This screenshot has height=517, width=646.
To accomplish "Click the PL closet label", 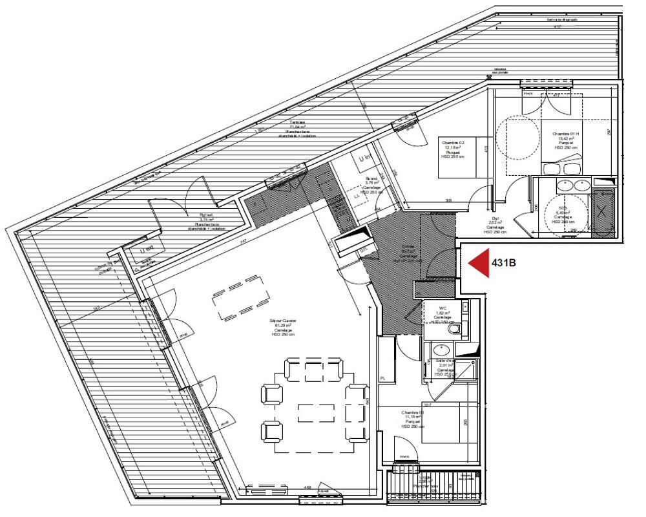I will (383, 379).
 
